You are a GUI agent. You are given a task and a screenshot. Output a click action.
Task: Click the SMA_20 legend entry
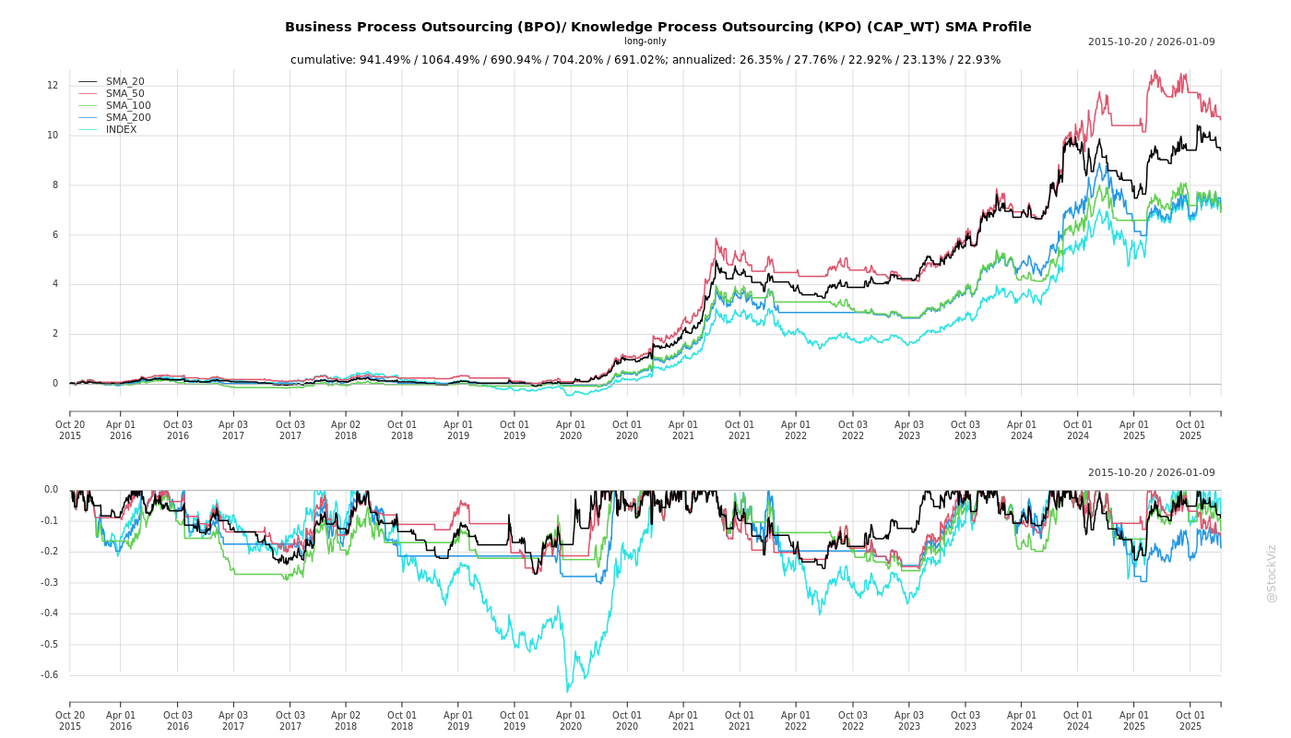pos(124,82)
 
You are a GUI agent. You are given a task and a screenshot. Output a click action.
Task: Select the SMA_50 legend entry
pos(124,94)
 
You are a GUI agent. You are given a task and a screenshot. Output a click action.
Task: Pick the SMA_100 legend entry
pos(128,106)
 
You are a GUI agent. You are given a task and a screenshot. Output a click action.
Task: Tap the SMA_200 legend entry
pos(128,118)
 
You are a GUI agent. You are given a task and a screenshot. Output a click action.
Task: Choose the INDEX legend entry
pos(121,130)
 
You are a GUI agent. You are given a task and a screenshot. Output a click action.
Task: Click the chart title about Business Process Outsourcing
pos(657,28)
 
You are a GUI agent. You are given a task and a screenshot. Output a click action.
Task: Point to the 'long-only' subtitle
pos(645,42)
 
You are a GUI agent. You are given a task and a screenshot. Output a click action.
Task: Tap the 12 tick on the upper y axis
pos(53,86)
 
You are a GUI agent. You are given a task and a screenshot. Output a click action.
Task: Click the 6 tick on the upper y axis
pos(54,235)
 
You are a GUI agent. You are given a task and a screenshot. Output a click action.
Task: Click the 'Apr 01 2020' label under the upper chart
pos(571,430)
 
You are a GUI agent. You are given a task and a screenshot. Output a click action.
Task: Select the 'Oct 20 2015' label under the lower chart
pos(70,720)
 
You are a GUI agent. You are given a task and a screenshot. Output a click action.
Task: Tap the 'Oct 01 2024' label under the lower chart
pos(1077,720)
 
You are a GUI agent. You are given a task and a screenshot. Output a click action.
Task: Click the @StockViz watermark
pos(1272,573)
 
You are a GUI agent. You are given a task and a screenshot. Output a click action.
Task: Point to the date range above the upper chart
pos(1151,42)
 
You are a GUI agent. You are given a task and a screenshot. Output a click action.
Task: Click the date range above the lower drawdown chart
pos(1151,473)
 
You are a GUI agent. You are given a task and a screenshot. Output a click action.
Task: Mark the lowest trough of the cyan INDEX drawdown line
pos(567,692)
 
